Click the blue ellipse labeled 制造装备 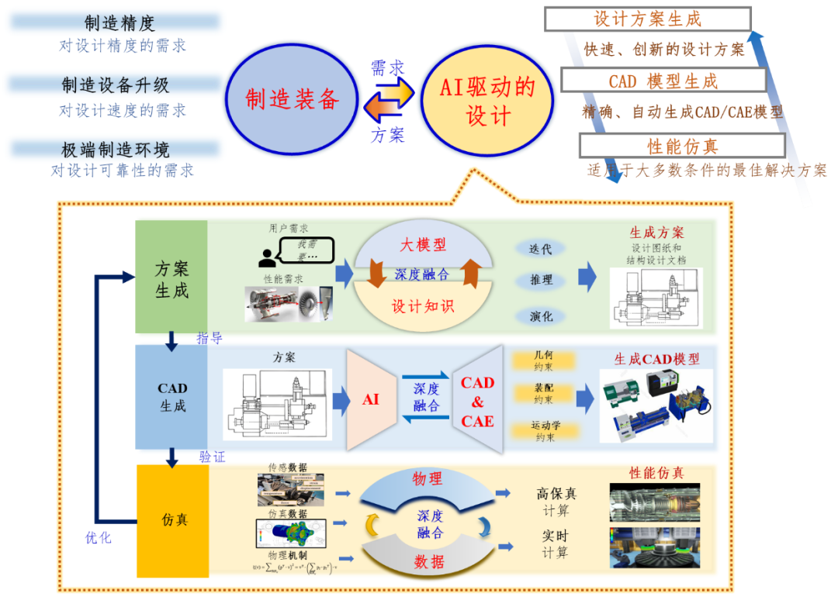(293, 99)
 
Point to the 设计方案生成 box (647, 19)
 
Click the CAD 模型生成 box (663, 81)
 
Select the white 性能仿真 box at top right (682, 146)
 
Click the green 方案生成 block (171, 279)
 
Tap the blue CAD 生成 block (172, 397)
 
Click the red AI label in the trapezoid (371, 400)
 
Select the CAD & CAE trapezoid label (477, 402)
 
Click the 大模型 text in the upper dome (423, 245)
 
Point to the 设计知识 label (423, 305)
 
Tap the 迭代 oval (541, 250)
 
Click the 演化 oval (541, 316)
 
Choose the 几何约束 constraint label (544, 360)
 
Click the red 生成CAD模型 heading (656, 359)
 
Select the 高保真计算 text (556, 502)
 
